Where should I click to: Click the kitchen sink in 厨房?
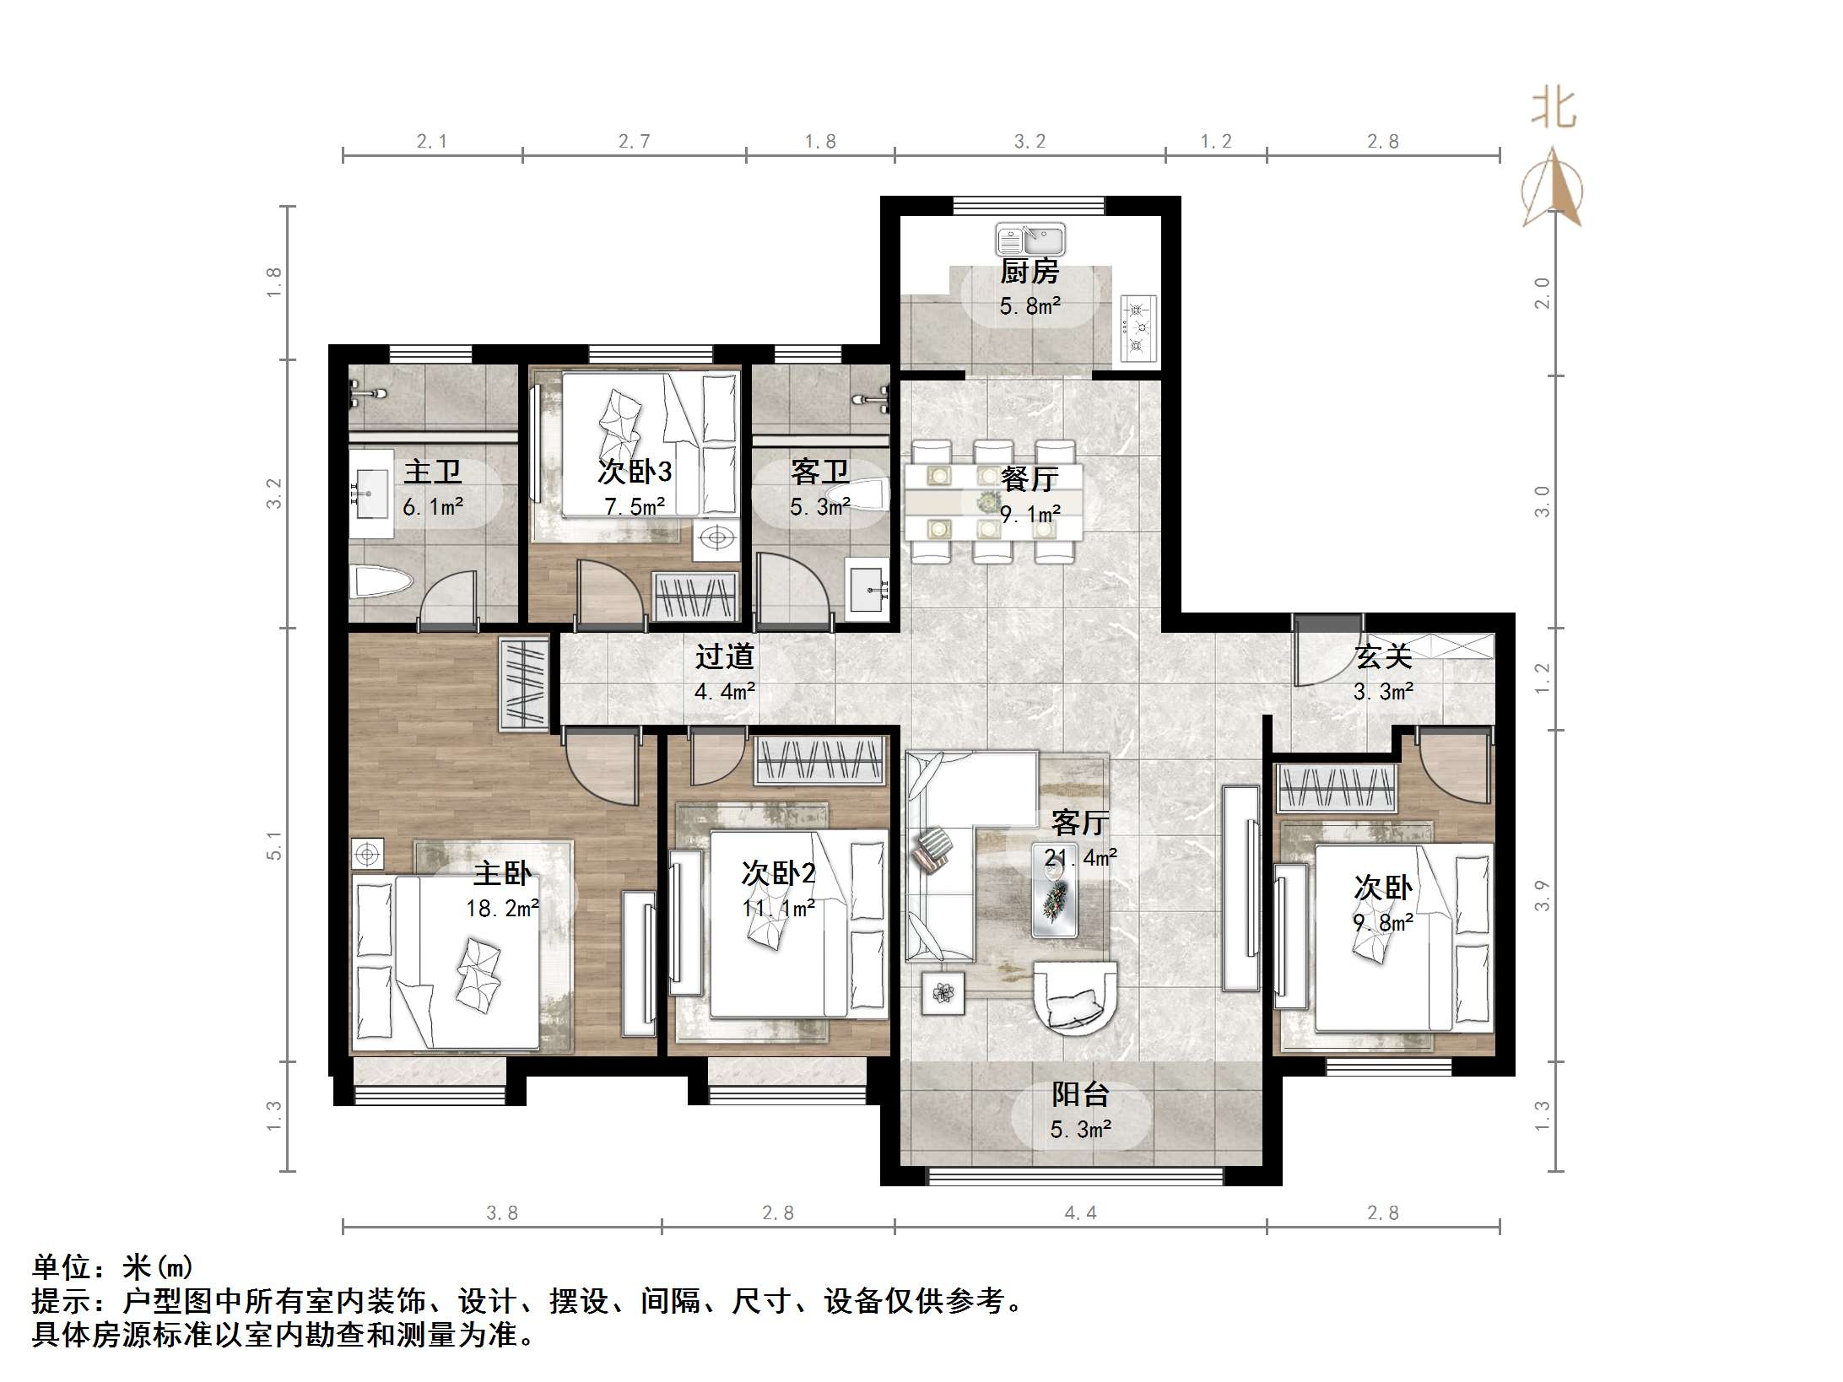coord(1030,239)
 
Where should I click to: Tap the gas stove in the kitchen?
coord(1138,328)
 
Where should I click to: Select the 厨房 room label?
coord(1030,272)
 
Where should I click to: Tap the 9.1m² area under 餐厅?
coord(1030,513)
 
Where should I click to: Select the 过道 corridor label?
coord(724,656)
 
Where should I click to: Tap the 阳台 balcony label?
coord(1080,1095)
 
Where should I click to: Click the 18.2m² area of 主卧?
coord(502,908)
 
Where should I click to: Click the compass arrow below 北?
coord(1553,190)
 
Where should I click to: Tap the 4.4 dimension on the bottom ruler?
coord(1080,1213)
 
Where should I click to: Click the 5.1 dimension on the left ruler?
coord(273,845)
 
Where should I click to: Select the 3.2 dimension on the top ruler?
coord(1030,142)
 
